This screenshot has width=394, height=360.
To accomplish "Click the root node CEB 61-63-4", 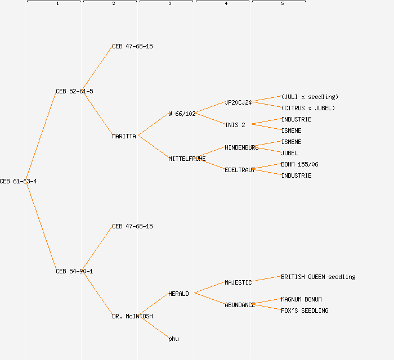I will [19, 181].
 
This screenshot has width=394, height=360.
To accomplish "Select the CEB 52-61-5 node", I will [74, 91].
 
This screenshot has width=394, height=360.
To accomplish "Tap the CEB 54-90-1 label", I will [74, 271].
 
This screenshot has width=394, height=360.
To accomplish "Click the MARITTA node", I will [124, 136].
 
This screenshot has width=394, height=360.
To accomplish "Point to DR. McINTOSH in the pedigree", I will [132, 316].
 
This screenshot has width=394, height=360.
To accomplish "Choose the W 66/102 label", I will [182, 114].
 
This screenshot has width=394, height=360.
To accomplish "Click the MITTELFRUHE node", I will [187, 159].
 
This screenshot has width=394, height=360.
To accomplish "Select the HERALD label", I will [178, 294].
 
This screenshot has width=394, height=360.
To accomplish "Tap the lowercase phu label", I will [173, 339].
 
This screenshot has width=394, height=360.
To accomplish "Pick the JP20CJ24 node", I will [238, 102].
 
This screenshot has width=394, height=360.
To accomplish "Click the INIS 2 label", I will [235, 125].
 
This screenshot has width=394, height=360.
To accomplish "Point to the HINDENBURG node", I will [241, 147].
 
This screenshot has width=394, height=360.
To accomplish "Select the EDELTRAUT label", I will [240, 170].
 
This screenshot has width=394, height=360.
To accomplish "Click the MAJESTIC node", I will [238, 282].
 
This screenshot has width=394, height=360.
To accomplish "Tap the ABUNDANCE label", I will [240, 305].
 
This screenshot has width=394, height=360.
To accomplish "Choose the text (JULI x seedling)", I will [310, 97].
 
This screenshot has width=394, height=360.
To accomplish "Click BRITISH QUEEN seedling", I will [318, 277].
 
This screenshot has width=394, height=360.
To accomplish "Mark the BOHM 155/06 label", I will [299, 164].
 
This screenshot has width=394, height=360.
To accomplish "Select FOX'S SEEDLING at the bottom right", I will [305, 310].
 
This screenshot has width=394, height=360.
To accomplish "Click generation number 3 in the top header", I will [169, 4].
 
